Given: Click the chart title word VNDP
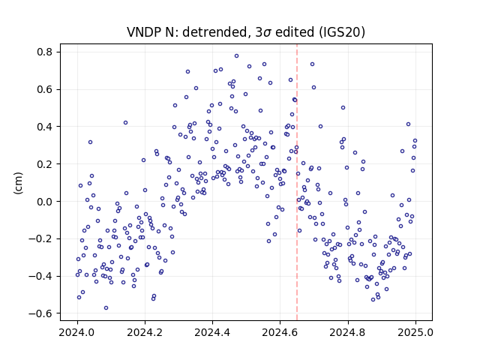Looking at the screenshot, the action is click(x=145, y=31).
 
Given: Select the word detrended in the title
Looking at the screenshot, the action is click(x=215, y=31).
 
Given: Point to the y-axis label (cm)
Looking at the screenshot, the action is click(x=18, y=183).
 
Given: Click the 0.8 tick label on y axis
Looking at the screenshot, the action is click(x=45, y=52).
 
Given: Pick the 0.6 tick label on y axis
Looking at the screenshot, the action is click(x=45, y=89).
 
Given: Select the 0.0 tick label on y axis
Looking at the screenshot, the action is click(x=45, y=202).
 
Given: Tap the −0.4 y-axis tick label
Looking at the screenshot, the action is click(x=40, y=276).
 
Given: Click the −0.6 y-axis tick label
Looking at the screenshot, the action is click(x=40, y=313).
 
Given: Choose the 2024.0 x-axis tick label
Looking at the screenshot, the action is click(x=77, y=332).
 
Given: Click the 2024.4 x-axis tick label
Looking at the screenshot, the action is click(x=212, y=332).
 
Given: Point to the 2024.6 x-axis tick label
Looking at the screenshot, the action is click(x=280, y=332).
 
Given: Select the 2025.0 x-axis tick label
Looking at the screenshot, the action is click(x=415, y=332).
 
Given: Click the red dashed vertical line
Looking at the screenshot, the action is click(x=297, y=182).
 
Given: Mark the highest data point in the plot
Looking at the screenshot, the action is click(x=237, y=56).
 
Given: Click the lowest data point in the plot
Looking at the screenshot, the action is click(x=106, y=308).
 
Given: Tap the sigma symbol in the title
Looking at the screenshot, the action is click(x=267, y=33).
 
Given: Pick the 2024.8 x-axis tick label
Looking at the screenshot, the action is click(x=348, y=332).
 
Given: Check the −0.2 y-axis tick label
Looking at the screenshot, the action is click(x=40, y=238).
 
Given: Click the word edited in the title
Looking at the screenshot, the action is click(x=295, y=31).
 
